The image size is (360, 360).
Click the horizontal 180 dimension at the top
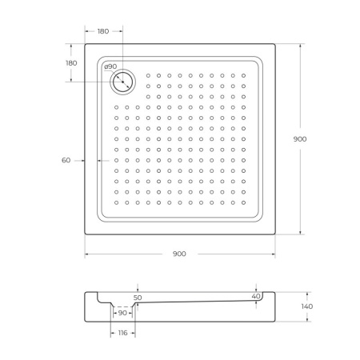(x=104, y=30)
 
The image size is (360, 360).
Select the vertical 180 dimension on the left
(x=71, y=62)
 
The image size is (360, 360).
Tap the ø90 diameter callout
(x=110, y=67)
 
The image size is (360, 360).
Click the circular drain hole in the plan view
(x=124, y=81)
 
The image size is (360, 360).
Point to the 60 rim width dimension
(x=66, y=160)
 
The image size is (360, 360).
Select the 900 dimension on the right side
(x=300, y=138)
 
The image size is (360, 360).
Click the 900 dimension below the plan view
(x=179, y=254)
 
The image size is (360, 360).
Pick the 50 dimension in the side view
(x=138, y=298)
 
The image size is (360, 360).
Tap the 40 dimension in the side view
(x=256, y=297)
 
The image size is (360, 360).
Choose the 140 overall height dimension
(x=308, y=306)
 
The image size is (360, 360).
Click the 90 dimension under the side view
(x=123, y=313)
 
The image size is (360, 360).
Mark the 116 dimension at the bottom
(x=122, y=331)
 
